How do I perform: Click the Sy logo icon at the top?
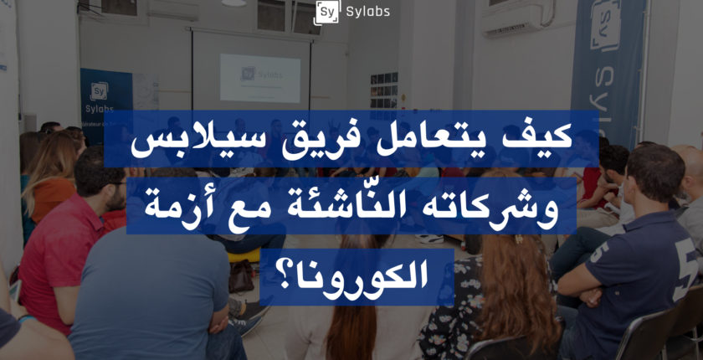327,12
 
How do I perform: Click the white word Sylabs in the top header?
368,12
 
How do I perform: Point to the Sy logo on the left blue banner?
99,91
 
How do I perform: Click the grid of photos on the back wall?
384,90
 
